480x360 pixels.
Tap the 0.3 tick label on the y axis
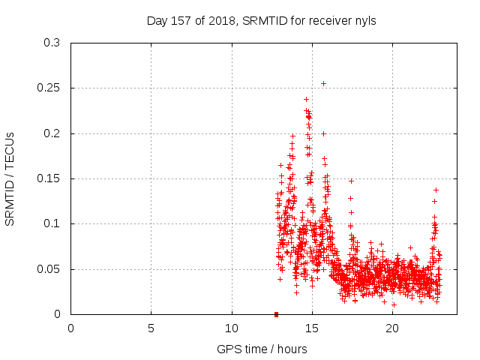pos(52,43)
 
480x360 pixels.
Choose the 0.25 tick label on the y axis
pos(49,88)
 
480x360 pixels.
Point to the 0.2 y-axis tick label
pos(52,133)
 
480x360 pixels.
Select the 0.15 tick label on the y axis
pos(49,178)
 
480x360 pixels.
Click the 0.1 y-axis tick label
pos(52,224)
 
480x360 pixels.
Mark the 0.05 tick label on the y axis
pos(49,269)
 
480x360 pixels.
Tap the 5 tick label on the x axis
pos(151,328)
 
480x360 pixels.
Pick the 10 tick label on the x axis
pos(232,328)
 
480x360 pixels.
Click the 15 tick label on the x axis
pos(312,328)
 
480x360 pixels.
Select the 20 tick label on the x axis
pos(392,328)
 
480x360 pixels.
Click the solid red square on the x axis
pos(276,314)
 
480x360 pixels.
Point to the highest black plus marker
pos(323,83)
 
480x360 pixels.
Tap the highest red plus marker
pos(306,99)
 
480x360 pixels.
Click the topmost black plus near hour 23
pos(436,190)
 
